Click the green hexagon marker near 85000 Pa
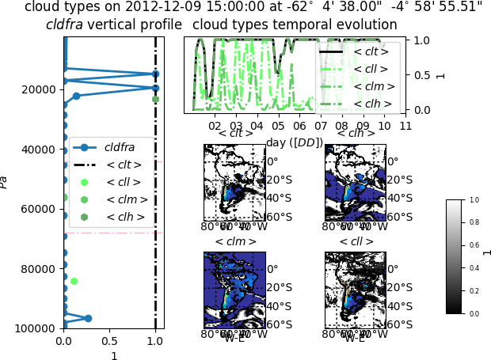coord(74,281)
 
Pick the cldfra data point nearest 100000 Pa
coord(88,318)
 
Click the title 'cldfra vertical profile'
coord(113,25)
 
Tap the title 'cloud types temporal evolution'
coord(295,25)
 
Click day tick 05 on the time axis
coord(278,126)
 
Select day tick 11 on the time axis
coord(405,126)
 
